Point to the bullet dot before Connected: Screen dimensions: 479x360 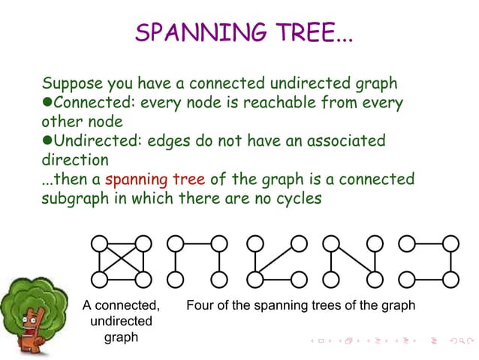pos(47,101)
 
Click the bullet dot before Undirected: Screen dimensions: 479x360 pos(47,141)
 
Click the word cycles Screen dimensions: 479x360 pos(297,200)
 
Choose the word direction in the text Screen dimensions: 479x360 pos(75,160)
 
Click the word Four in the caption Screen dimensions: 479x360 pos(200,306)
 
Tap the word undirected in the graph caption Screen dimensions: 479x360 pos(121,322)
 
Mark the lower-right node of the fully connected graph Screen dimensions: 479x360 pos(143,280)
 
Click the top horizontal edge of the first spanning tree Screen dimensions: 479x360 pos(197,244)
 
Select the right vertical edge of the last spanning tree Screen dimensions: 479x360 pos(450,262)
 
